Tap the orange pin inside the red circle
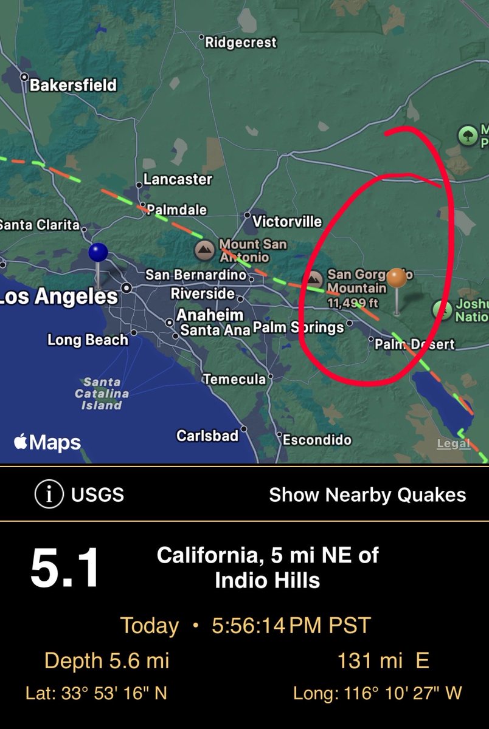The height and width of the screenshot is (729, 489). point(397,279)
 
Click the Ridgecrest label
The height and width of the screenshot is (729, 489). point(240,43)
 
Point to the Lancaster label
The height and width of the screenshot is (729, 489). point(178,179)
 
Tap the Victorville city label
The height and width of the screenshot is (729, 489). point(286,221)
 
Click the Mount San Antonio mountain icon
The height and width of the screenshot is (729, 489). point(204,249)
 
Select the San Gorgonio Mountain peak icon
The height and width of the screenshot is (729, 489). point(314,279)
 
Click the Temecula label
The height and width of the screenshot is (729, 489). point(234,379)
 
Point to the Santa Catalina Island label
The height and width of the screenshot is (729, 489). point(102,393)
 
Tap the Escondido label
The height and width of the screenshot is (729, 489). point(317,439)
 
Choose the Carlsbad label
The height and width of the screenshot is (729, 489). point(207,436)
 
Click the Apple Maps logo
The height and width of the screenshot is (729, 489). point(47,442)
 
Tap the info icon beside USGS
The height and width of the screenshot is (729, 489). point(49,495)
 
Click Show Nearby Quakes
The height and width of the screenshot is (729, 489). point(367,495)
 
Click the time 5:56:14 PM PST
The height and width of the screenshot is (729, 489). point(291,626)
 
